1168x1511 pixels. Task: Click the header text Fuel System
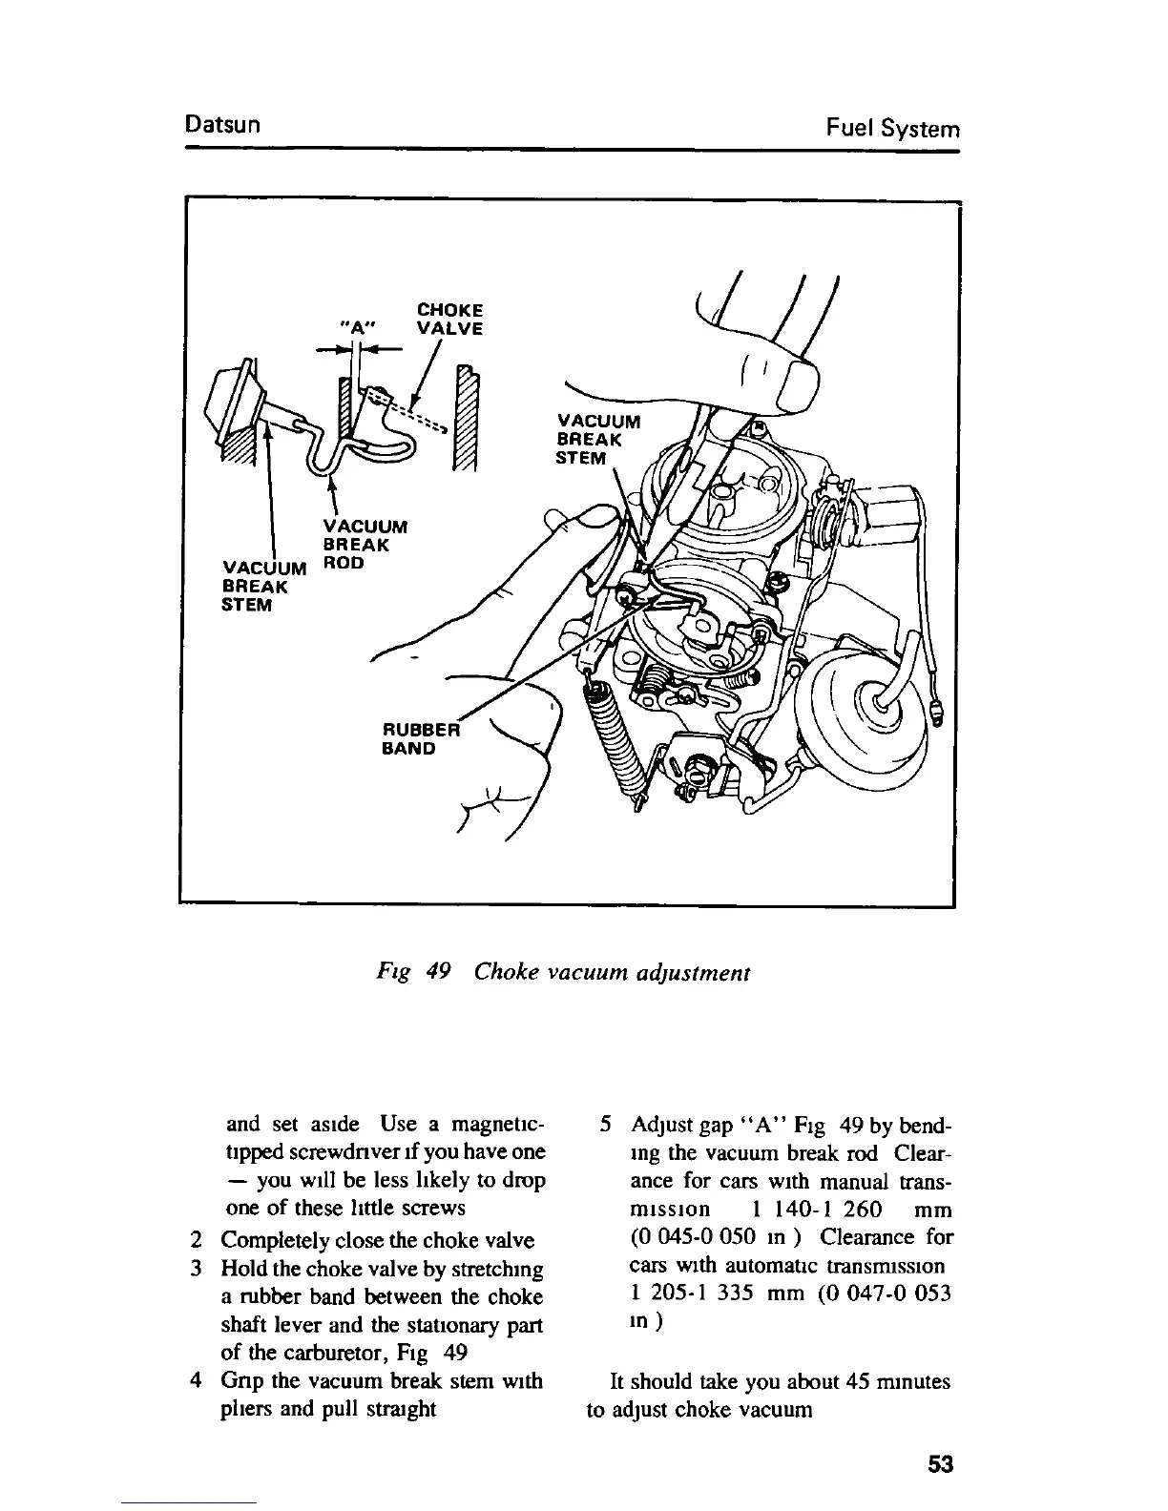[892, 128]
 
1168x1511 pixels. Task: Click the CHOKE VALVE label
[449, 319]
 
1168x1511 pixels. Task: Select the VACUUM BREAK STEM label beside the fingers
[598, 439]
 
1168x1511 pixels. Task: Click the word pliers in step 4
[249, 1409]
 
